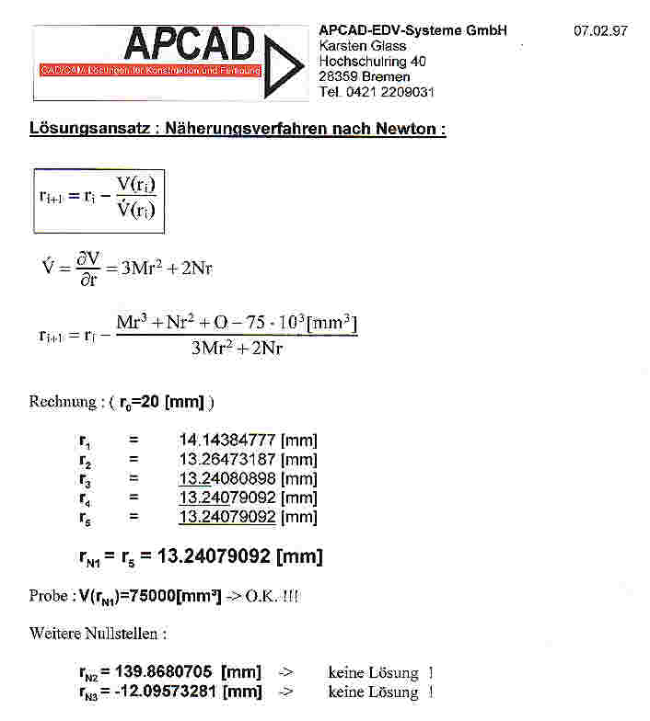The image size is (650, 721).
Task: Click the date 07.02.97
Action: pos(600,31)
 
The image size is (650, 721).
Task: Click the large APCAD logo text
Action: pos(188,44)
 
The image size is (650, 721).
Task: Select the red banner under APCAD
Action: pos(151,71)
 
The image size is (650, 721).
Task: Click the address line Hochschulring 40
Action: pos(374,62)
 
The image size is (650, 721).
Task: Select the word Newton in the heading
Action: pos(407,130)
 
